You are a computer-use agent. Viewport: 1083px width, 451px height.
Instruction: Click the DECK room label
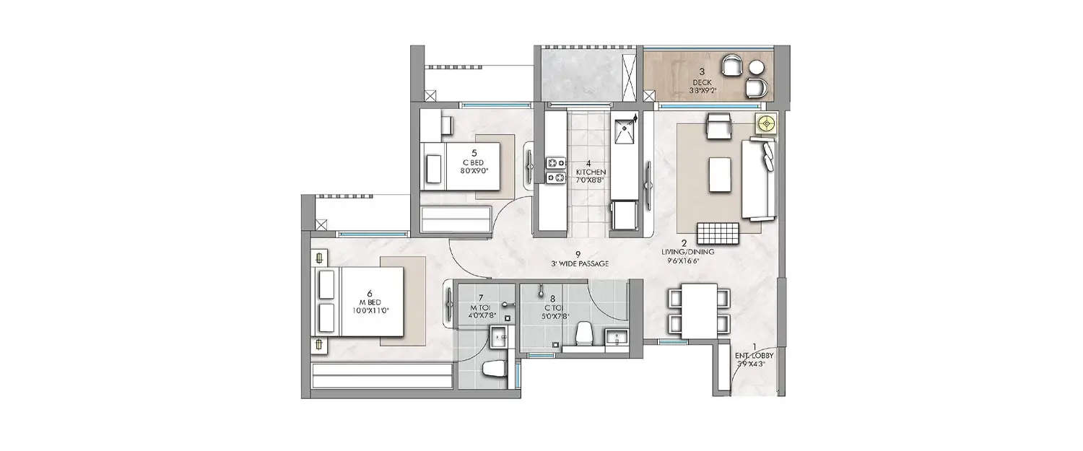[x=701, y=82]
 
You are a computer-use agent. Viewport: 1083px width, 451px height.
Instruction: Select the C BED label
[x=473, y=162]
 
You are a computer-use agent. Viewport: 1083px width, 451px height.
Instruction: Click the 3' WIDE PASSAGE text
[x=578, y=264]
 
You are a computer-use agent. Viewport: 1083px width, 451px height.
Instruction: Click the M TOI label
[x=480, y=307]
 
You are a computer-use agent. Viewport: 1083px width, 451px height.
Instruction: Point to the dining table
[x=700, y=310]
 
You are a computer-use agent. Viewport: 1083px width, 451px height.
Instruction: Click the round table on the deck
[x=757, y=69]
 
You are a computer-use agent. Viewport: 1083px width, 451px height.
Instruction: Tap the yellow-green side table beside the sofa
[x=765, y=124]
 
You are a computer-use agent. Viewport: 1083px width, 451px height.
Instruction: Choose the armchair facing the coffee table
[x=718, y=127]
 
